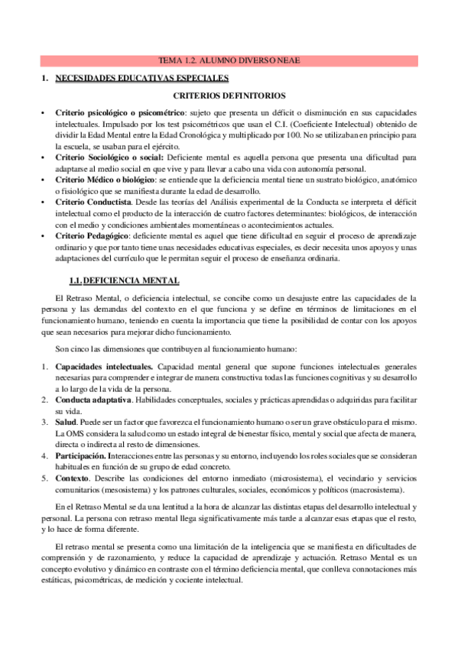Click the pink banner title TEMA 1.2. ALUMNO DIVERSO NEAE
click(229, 60)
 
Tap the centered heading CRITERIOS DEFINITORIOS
click(229, 96)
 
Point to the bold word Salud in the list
click(66, 422)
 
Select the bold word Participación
click(84, 455)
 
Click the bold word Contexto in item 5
click(73, 478)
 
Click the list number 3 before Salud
click(44, 422)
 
